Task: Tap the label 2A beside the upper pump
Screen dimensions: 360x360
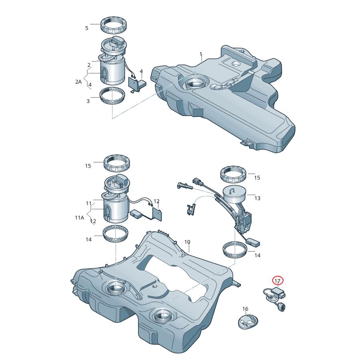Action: [x=78, y=81]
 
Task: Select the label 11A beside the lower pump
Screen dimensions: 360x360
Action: [x=79, y=218]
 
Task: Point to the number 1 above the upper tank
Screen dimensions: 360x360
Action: [x=201, y=54]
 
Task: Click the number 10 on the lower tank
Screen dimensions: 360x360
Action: [x=187, y=242]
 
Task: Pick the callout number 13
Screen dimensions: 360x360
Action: [x=257, y=198]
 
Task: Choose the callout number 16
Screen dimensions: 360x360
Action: [x=246, y=309]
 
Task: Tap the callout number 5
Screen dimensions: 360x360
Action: [x=86, y=28]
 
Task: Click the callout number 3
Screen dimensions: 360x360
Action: [x=88, y=101]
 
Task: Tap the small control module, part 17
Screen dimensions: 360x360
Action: [x=278, y=294]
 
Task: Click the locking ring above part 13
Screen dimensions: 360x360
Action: [x=233, y=175]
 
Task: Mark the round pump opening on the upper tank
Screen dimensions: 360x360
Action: [x=195, y=84]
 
